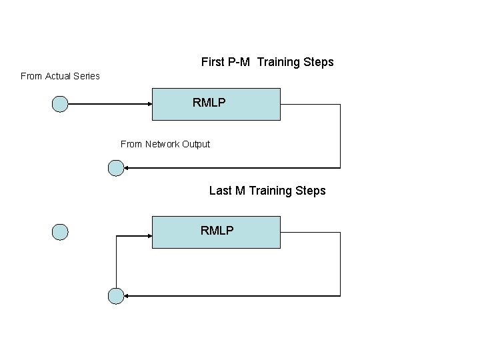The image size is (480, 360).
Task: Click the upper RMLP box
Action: pos(216,103)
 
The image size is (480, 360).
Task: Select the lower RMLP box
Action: pos(216,231)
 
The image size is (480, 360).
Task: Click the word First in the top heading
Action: pos(213,62)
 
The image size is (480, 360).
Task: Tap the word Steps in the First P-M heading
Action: pos(318,62)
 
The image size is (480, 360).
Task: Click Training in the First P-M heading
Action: pos(278,62)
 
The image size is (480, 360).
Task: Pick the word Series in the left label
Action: pos(87,76)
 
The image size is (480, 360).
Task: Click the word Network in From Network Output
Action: pos(163,144)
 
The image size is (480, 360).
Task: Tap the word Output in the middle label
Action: pos(196,144)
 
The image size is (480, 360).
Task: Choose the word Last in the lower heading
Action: pos(220,191)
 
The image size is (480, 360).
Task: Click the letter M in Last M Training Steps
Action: pos(240,191)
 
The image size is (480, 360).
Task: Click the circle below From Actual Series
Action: pos(60,104)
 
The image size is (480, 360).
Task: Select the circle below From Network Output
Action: pos(116,168)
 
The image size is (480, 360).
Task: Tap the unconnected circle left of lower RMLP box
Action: pos(60,232)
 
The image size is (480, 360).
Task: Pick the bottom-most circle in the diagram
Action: pos(116,296)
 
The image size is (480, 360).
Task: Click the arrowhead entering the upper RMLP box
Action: pos(149,104)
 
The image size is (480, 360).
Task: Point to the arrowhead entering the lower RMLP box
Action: pos(149,235)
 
